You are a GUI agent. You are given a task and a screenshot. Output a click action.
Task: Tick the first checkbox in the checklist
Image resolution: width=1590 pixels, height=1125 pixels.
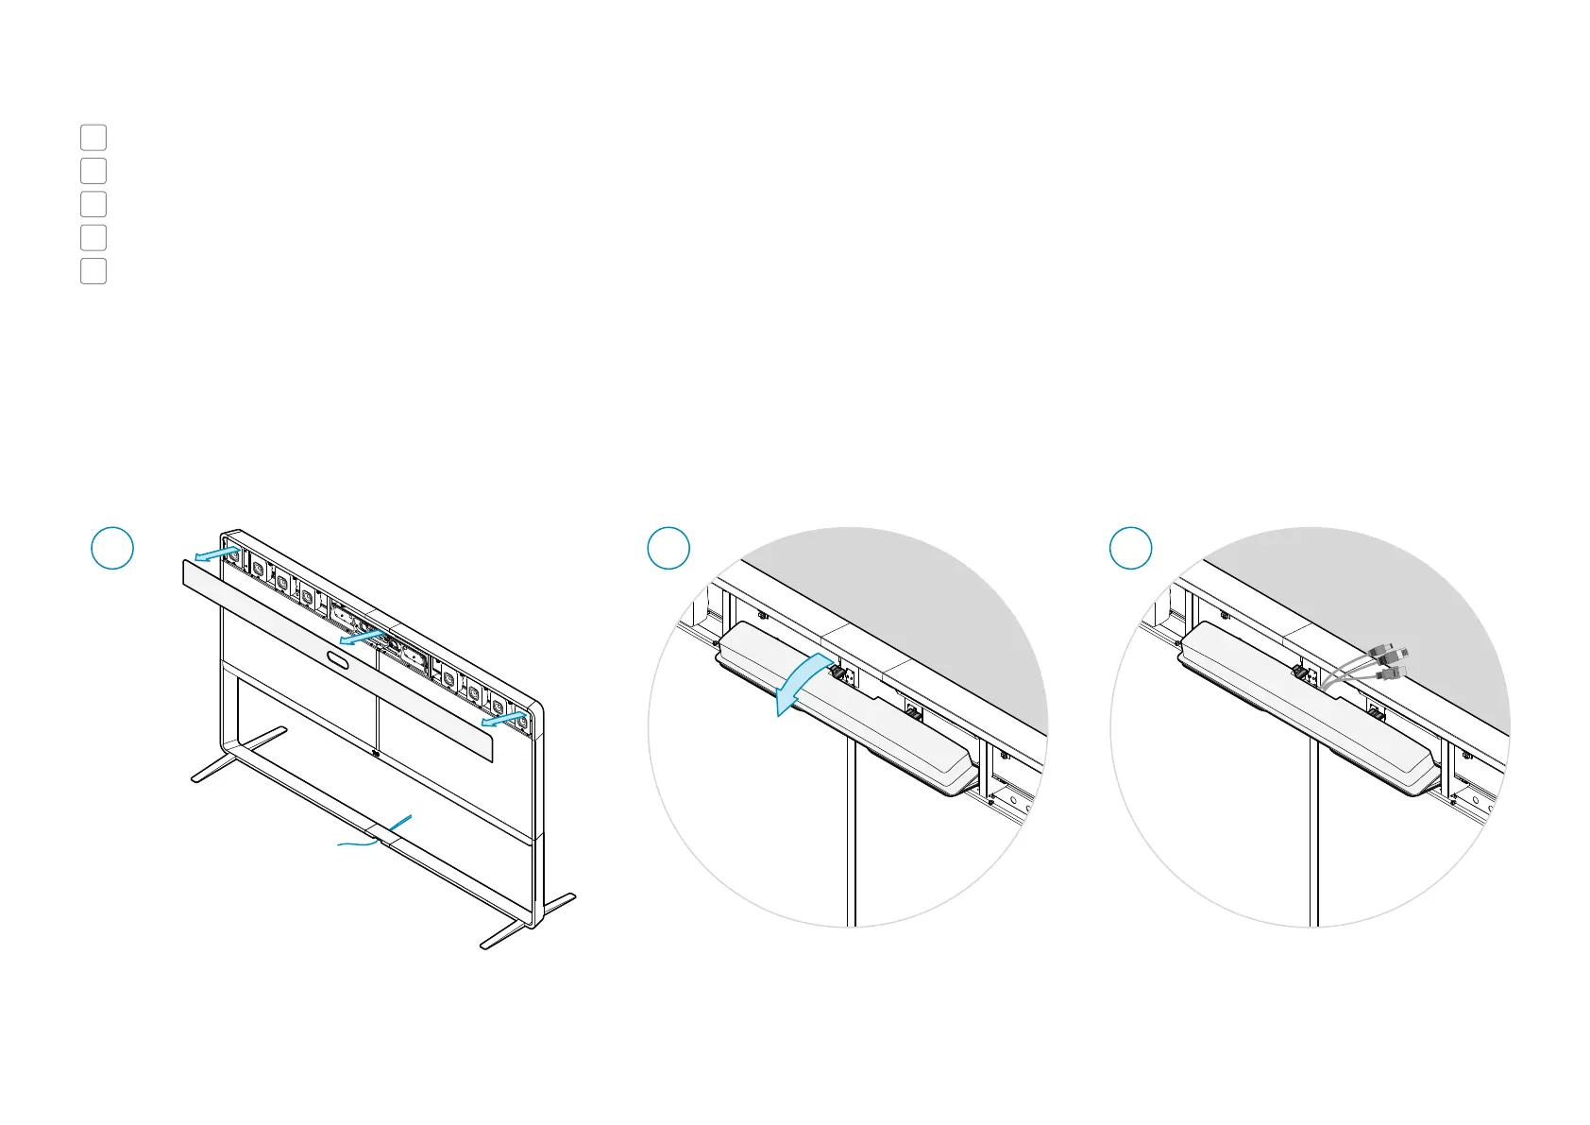coord(93,137)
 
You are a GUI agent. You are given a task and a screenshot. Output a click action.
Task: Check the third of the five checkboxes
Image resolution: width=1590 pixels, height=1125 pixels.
coord(93,204)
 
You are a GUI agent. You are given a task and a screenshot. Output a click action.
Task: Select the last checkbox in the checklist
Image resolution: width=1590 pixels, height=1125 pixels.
coord(93,271)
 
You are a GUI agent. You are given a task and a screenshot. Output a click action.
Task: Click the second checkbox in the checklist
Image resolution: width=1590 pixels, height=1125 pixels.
coord(93,171)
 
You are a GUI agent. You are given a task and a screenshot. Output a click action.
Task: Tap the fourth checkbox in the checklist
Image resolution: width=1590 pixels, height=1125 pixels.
coord(93,237)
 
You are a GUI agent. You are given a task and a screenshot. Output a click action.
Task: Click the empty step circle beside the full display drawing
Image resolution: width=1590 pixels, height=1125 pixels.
coord(111,548)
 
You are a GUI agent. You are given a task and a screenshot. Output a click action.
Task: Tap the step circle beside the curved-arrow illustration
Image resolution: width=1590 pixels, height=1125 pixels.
coord(668,548)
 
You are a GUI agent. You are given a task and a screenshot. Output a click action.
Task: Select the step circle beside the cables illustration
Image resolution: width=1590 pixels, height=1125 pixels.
coord(1130,548)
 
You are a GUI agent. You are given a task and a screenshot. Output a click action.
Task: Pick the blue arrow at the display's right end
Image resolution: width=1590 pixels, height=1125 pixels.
coord(501,721)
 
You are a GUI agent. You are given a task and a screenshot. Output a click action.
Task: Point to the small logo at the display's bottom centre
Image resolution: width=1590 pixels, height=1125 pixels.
coord(376,754)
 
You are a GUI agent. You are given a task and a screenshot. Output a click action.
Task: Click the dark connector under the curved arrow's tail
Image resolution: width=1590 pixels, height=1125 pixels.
coord(837,673)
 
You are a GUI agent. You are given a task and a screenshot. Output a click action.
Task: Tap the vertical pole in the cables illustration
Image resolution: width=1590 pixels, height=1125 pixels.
coord(1313,831)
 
